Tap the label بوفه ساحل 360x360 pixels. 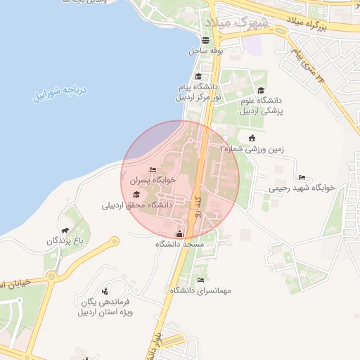205,51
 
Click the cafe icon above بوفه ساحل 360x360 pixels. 205,40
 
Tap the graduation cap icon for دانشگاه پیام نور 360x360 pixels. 198,77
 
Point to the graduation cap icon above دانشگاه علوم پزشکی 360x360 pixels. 262,90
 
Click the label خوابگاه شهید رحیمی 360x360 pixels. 302,189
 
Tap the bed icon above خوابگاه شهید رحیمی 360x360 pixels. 302,177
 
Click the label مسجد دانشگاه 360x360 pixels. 179,245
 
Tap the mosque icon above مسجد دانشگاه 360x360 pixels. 179,233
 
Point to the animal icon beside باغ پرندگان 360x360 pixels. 65,230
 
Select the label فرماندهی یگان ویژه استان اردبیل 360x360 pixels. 105,305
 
